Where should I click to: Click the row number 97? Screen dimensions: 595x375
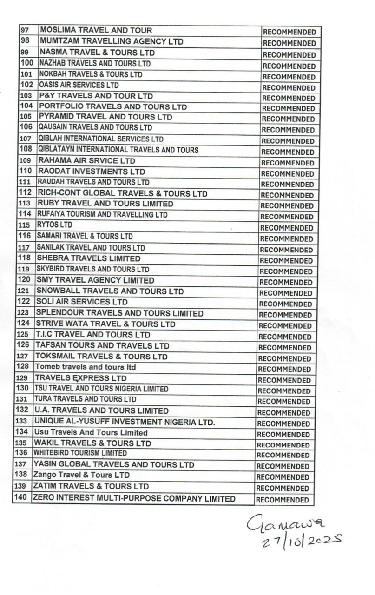[x=25, y=30]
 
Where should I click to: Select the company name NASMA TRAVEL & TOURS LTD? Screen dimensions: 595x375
[x=97, y=53]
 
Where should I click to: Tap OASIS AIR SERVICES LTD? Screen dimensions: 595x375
[x=79, y=85]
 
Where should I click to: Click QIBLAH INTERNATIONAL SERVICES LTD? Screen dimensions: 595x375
[x=101, y=139]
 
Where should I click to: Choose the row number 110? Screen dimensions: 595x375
[x=25, y=171]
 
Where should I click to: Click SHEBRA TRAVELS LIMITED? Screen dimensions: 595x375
[x=88, y=258]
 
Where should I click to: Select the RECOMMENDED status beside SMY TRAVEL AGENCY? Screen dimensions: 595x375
[x=286, y=282]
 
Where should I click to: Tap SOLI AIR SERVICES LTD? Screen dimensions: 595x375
[x=82, y=302]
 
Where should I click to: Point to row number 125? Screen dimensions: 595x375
[x=23, y=335]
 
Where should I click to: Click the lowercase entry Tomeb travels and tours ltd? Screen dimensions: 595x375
[x=85, y=367]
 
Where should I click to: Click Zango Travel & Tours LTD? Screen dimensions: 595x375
[x=81, y=475]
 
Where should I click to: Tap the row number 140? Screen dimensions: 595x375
[x=21, y=498]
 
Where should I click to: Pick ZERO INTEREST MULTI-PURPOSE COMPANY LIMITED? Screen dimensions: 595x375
[x=134, y=499]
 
